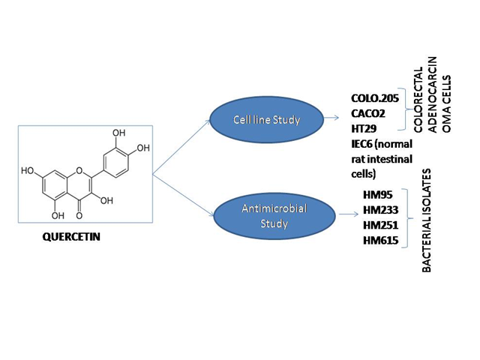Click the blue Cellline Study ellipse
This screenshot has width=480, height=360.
(267, 120)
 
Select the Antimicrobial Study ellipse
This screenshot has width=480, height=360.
(274, 216)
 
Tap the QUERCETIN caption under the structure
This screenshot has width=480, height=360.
(71, 237)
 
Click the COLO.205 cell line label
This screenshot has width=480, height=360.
(375, 98)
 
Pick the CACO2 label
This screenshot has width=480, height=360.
(368, 113)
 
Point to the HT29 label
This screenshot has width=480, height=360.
(364, 128)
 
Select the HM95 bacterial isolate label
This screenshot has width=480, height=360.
(378, 195)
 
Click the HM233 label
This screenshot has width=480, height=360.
(380, 210)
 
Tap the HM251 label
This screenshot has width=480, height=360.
(380, 225)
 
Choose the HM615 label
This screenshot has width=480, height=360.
(380, 241)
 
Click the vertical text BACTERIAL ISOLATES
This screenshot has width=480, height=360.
(427, 220)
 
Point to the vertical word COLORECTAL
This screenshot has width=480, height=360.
(418, 100)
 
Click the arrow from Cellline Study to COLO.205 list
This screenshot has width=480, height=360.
(331, 118)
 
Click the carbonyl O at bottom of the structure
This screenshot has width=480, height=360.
(79, 216)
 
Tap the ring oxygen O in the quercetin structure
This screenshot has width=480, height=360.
(79, 170)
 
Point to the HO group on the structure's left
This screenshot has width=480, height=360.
(28, 170)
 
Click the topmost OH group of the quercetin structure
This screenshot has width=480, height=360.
(118, 133)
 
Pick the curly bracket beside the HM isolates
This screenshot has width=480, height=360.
(406, 218)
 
